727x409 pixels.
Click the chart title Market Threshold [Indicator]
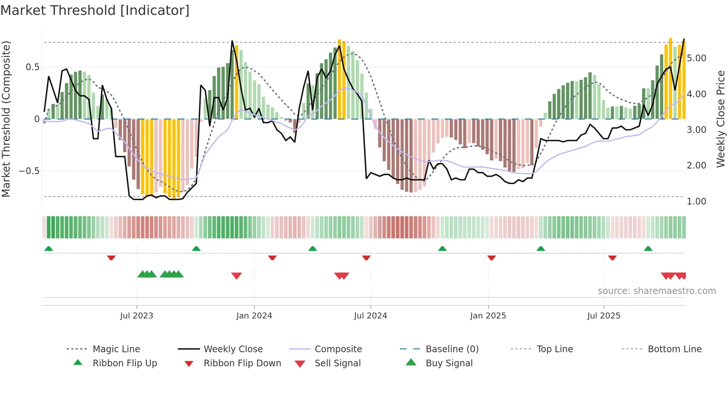[95, 10]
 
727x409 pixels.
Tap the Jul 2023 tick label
[136, 316]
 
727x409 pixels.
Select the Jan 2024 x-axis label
[254, 316]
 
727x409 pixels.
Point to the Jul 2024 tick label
[370, 316]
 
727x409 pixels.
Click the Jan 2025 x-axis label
[488, 316]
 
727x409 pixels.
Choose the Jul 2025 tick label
[603, 316]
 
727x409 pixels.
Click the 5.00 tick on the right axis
[696, 58]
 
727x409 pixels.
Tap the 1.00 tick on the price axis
[696, 202]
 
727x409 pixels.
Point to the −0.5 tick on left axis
[29, 171]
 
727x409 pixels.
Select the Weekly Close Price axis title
[720, 119]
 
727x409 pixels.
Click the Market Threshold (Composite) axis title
[6, 119]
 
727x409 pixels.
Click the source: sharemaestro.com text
[657, 291]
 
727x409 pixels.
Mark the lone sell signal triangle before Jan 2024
[236, 275]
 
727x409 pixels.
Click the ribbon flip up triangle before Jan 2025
[442, 249]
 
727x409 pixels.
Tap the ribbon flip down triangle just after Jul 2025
[612, 258]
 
